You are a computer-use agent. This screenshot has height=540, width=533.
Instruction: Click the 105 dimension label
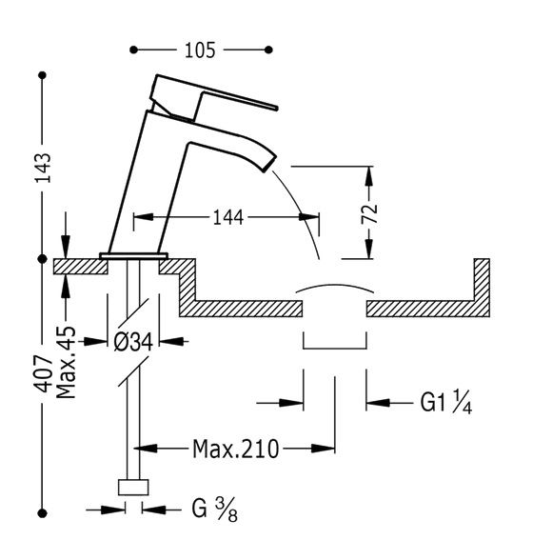point(200,50)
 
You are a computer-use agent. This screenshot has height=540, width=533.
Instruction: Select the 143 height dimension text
point(44,168)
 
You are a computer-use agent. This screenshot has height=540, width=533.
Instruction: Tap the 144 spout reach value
point(228,217)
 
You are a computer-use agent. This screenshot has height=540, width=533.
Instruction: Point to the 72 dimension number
point(369,214)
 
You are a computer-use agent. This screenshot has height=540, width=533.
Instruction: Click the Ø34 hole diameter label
point(133,342)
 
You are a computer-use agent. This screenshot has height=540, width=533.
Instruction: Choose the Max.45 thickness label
point(66,362)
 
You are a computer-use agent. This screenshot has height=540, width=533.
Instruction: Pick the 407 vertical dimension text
point(43,374)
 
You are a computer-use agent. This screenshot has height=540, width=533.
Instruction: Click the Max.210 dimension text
point(235,449)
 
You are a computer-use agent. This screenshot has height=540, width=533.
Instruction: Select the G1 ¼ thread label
point(445,402)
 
